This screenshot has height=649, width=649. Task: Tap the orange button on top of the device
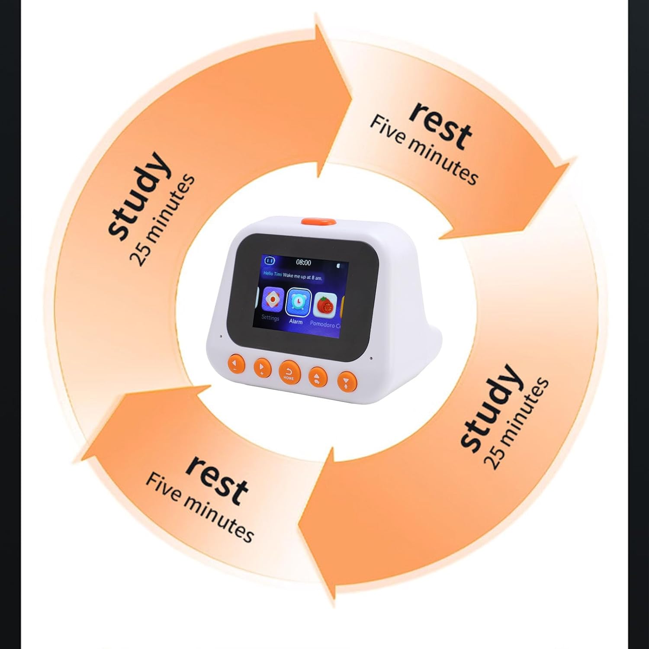pyautogui.click(x=319, y=221)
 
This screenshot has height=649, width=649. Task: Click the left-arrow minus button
pyautogui.click(x=235, y=364)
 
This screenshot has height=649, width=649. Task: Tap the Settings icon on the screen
pyautogui.click(x=273, y=299)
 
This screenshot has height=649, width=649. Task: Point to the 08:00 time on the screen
pyautogui.click(x=303, y=262)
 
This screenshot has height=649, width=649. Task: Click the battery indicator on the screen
pyautogui.click(x=338, y=264)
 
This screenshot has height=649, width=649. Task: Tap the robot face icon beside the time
pyautogui.click(x=270, y=260)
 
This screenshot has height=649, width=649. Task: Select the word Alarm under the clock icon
pyautogui.click(x=296, y=321)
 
